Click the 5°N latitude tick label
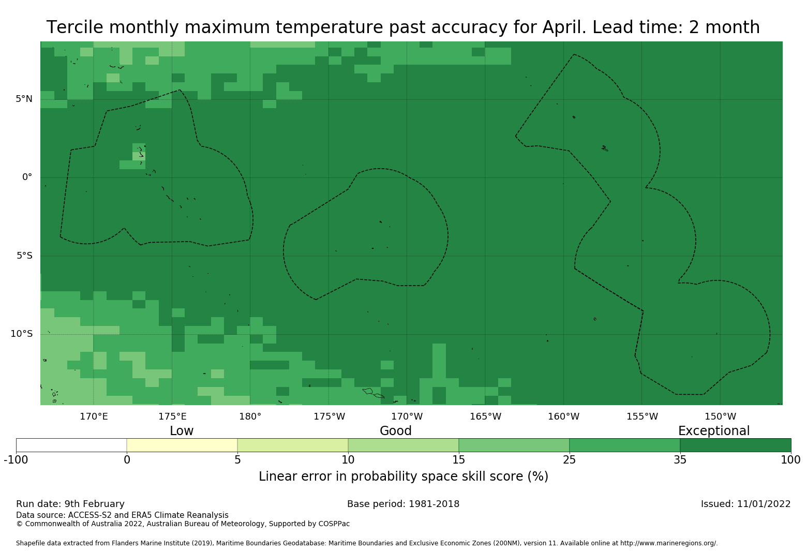coord(24,99)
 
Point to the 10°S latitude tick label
coord(22,334)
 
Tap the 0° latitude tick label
coord(27,177)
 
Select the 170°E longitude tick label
coord(94,416)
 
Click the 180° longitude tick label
coord(250,416)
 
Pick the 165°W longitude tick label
coord(486,416)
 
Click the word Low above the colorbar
coord(182,431)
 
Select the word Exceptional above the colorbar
coord(714,431)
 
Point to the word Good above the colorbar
coord(396,431)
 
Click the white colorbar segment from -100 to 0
coord(71,445)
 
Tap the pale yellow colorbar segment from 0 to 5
coord(182,445)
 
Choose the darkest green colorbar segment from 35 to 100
coord(735,445)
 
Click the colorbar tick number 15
coord(459,460)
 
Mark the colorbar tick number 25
coord(569,460)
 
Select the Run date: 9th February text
coord(70,504)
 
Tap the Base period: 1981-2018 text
coord(403,504)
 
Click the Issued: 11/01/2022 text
coord(746,504)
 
